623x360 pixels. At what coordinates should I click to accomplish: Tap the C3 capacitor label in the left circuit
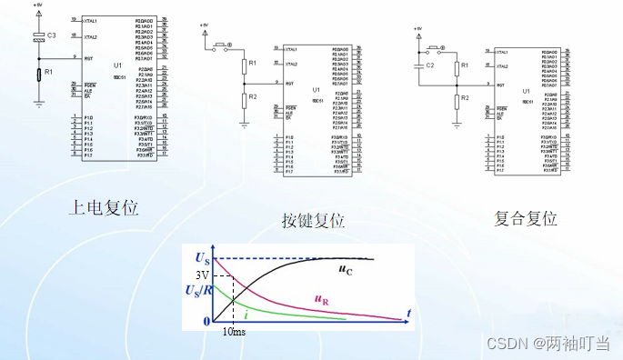(x=51, y=35)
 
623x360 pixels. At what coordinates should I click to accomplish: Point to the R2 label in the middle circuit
(x=254, y=96)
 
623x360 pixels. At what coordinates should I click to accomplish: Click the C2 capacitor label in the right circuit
(x=431, y=66)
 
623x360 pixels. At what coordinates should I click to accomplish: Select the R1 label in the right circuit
(x=465, y=66)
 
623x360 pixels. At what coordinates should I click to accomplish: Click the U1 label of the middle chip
(x=316, y=90)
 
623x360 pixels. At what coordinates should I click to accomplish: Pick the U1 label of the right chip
(x=527, y=93)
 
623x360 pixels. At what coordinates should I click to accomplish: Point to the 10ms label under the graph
(x=233, y=332)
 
